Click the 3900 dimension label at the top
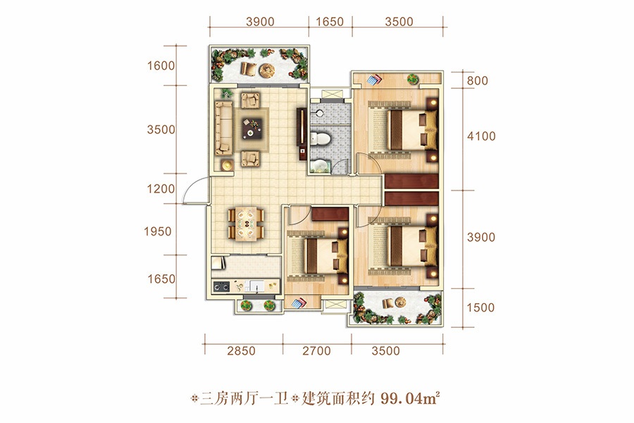point(260,21)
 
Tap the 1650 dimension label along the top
point(330,21)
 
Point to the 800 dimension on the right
point(478,80)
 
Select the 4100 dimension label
point(481,136)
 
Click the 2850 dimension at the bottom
point(241,350)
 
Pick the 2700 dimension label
point(316,350)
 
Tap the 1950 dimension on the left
point(158,231)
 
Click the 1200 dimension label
point(161,189)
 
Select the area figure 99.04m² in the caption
point(409,399)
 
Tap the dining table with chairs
point(246,224)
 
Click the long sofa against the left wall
point(223,128)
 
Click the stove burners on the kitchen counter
point(221,287)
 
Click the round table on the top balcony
point(267,70)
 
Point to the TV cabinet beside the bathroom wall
point(302,133)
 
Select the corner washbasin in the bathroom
point(321,166)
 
